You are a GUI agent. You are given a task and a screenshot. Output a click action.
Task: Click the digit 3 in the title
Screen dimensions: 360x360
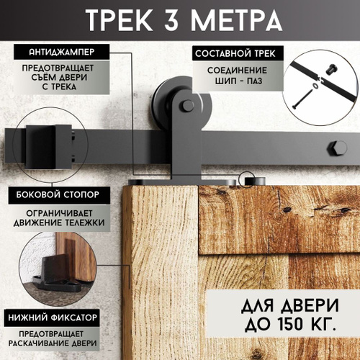171,20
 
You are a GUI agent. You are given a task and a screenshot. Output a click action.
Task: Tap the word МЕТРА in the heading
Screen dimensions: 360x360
236,20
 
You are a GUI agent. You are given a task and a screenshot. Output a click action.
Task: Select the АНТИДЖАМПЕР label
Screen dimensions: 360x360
62,52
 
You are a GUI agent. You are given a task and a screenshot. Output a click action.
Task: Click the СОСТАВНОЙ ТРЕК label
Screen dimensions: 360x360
235,53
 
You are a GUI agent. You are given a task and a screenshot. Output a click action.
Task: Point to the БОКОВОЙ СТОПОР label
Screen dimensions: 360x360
58,194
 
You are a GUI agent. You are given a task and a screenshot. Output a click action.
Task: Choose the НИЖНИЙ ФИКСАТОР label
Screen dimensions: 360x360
53,318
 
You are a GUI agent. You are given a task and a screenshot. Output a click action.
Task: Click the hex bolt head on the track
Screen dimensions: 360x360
337,148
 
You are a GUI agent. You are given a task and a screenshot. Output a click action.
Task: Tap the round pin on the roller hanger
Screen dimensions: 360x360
188,106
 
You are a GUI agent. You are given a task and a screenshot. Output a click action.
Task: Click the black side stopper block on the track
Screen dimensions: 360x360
49,146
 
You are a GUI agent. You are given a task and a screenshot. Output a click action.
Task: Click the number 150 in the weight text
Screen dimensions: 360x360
290,324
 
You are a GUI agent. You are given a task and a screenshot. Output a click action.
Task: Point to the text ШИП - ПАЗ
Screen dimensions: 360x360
238,81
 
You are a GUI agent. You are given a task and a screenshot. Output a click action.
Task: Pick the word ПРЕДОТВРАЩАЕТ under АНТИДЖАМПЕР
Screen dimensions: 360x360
58,68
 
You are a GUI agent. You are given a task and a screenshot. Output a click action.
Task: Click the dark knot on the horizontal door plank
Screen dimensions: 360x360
286,210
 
